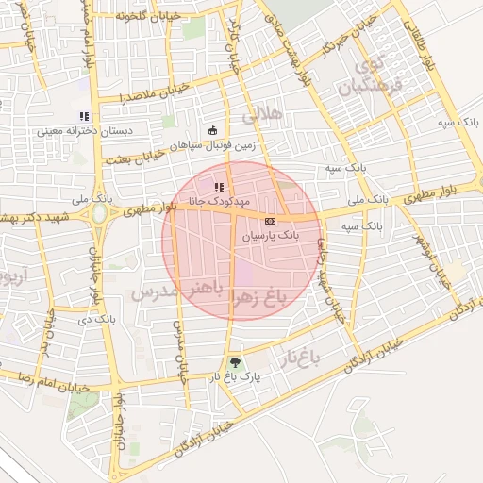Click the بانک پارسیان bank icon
pos(271,220)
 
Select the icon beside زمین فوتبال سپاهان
pos(214,131)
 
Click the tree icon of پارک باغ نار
pos(235,361)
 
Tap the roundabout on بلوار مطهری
pos(98,214)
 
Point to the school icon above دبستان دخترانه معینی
pos(84,117)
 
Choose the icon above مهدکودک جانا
pos(219,188)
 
